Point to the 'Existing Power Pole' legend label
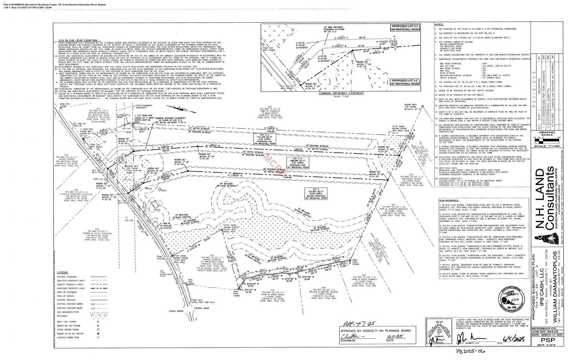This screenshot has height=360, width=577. [68, 338]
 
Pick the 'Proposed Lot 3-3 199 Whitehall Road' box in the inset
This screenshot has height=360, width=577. [405, 27]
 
